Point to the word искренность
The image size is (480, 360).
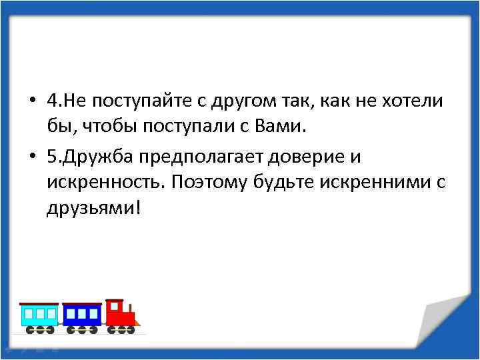(106, 182)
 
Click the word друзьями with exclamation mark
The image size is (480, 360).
(93, 208)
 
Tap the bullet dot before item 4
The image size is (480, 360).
(32, 101)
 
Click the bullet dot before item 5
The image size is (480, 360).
(32, 157)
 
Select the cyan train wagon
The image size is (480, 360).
(39, 315)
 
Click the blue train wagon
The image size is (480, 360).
(82, 315)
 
